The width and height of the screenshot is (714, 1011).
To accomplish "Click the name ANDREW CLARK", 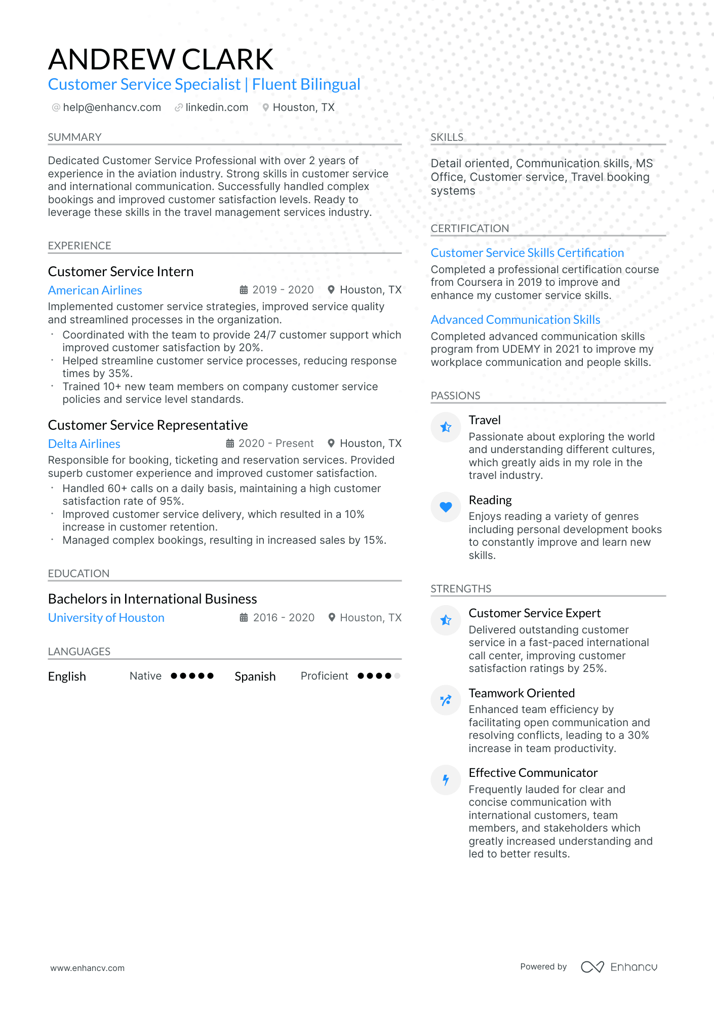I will [161, 59].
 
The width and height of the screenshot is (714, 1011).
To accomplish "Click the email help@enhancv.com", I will [111, 107].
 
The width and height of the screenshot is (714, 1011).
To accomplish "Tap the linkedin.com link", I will [216, 107].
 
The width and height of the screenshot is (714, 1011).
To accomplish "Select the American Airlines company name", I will [95, 290].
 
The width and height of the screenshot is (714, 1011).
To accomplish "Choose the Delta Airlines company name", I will [84, 444].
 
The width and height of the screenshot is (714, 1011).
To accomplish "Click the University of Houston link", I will [106, 618].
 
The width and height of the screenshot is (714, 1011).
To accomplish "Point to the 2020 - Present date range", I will [276, 443].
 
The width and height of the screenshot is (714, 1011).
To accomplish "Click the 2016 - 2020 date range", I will [284, 618].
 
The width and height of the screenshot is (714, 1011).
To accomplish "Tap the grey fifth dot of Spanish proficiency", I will [397, 676].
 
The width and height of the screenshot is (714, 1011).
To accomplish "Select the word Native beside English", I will [145, 676].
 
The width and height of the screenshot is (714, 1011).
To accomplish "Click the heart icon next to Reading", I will [446, 507].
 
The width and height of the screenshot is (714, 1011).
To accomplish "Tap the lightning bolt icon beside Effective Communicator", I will [446, 780].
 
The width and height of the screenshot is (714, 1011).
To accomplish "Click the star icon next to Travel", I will [446, 427].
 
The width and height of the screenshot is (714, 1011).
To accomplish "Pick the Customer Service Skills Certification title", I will [527, 253].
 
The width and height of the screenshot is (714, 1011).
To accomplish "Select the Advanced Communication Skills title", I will [515, 320].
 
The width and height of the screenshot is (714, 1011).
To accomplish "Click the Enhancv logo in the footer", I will [619, 967].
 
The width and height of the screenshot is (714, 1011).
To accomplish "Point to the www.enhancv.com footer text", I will [87, 968].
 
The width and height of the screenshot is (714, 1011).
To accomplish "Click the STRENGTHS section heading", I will [461, 589].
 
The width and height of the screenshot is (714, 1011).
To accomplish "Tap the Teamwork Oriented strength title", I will [522, 693].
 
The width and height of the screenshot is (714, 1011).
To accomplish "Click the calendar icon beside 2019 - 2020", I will [244, 290].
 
